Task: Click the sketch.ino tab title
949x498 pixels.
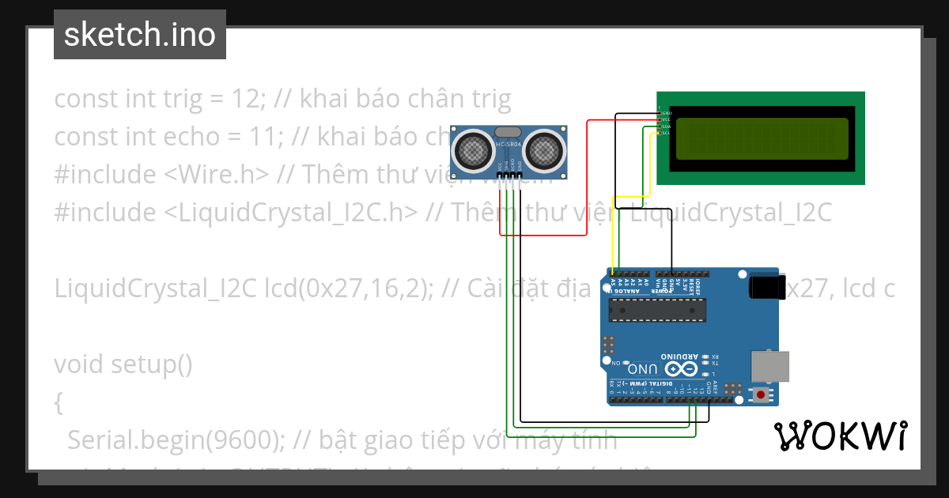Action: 139,35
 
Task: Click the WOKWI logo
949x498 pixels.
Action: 840,436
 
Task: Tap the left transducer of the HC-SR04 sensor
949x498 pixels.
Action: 471,148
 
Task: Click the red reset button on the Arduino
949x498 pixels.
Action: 761,394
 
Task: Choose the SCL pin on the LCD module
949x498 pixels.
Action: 660,133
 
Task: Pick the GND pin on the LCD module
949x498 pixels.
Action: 660,113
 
